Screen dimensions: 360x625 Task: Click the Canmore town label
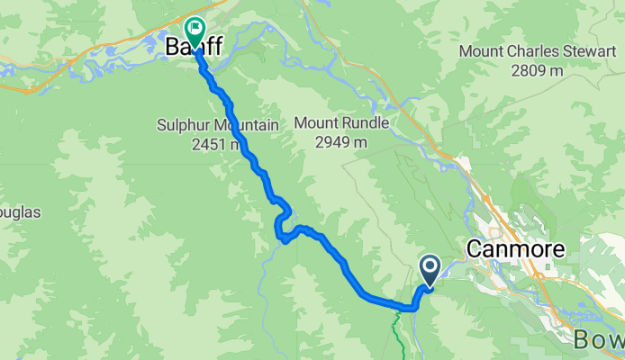[516, 249]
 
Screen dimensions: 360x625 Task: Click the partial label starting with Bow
[599, 339]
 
